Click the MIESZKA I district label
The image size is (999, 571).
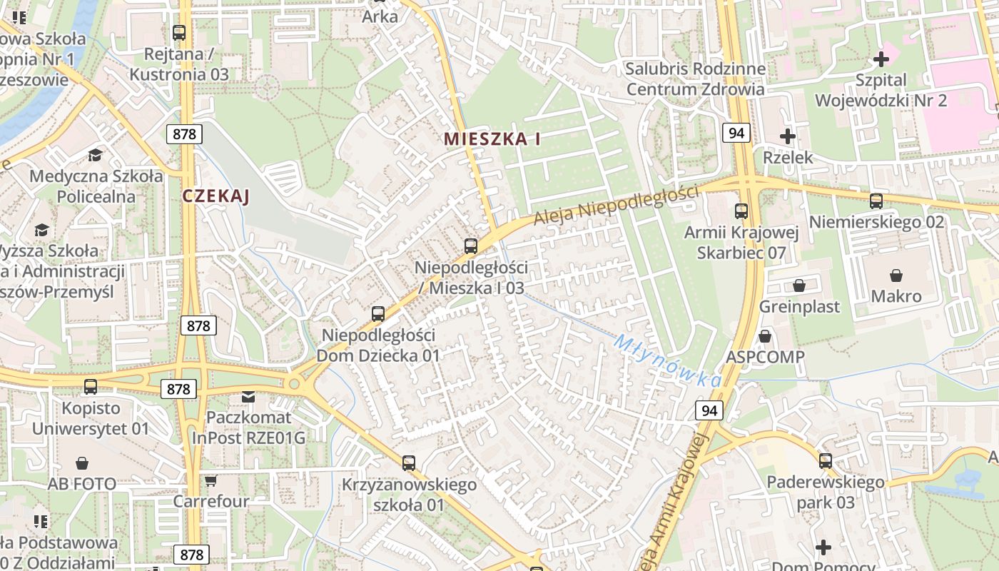pos(492,139)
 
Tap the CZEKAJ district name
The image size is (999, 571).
pos(215,196)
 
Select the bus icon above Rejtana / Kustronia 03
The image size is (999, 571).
pos(179,33)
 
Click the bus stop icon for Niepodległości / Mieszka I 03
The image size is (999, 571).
pos(471,246)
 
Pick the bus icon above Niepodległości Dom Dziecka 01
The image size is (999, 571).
pos(378,313)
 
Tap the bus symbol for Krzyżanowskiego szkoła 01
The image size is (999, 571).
pos(409,463)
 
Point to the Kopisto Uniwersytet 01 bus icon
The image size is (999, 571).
pos(91,387)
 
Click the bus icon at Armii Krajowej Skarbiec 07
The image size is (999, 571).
pos(741,211)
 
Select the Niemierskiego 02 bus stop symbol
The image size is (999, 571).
pos(876,201)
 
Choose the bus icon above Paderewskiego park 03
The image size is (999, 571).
pos(826,461)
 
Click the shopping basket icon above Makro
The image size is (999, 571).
pos(896,275)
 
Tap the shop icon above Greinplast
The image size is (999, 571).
pos(799,285)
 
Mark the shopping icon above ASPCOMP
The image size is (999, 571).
pos(766,335)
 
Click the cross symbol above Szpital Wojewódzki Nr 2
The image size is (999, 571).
pos(881,59)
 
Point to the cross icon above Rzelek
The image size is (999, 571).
pos(788,136)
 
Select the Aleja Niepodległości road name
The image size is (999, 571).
pos(616,203)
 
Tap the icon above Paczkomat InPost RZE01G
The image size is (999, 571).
pos(248,396)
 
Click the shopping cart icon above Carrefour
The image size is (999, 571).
pos(211,480)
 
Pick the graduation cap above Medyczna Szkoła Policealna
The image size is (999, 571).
pos(95,155)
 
